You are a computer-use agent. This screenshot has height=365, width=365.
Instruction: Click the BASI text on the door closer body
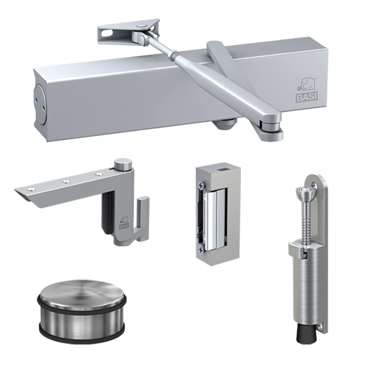pos(307,97)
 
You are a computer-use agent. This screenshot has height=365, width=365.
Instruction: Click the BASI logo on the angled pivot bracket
pos(124,223)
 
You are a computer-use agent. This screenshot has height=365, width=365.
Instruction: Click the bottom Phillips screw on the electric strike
pos(201,250)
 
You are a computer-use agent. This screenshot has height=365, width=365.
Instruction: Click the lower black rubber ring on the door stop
pos(82,335)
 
